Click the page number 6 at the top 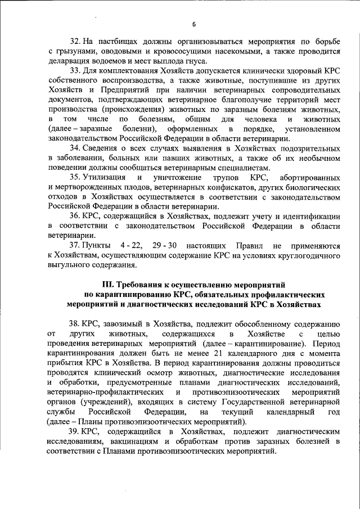coord(193,24)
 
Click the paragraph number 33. coord(75,71)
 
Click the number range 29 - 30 coord(166,246)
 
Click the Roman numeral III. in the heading coord(107,285)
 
